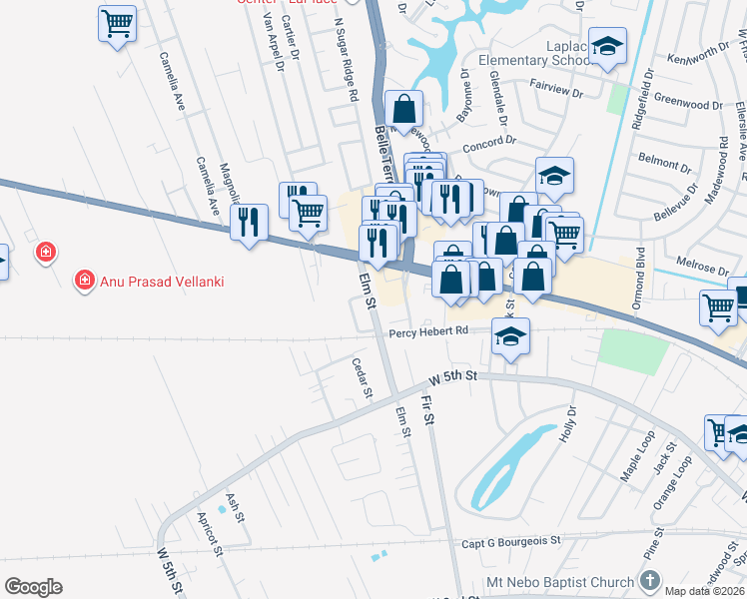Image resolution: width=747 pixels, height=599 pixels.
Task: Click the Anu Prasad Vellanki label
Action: (162, 282)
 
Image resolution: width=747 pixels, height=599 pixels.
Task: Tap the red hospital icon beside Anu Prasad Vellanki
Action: (87, 281)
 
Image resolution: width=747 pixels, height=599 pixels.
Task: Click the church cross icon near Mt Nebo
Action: (649, 580)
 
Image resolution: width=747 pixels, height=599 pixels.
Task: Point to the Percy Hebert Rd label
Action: (428, 332)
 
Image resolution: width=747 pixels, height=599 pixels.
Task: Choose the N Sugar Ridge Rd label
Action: (346, 60)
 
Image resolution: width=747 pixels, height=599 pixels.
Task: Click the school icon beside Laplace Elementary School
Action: (606, 46)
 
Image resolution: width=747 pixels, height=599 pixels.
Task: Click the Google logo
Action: (33, 587)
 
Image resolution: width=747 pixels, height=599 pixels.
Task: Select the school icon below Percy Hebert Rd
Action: (510, 336)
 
